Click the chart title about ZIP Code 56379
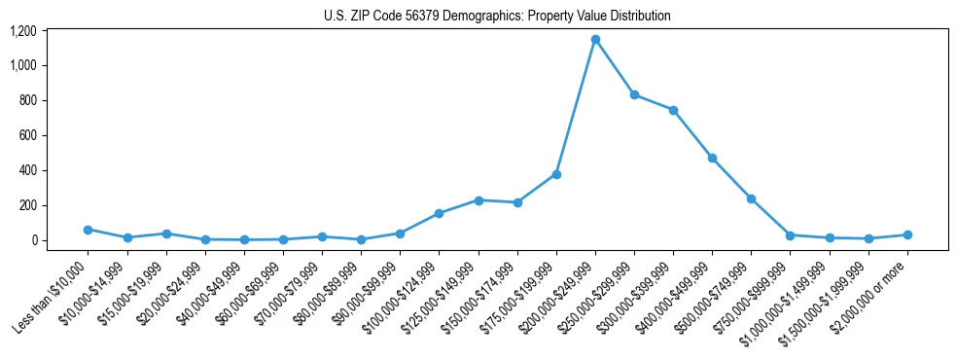coord(497,17)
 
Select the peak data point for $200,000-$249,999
coord(595,39)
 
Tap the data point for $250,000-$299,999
coord(634,95)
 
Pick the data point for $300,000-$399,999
coord(673,110)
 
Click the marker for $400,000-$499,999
coord(712,158)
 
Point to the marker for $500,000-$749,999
coord(751,198)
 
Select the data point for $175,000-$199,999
coord(556,174)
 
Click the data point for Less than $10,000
coord(88,230)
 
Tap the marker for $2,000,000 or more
coord(907,234)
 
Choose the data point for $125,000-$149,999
coord(478,200)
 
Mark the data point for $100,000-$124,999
coord(439,213)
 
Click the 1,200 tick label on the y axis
coord(23,31)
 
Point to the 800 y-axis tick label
coord(28,100)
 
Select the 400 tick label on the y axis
coord(28,170)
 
